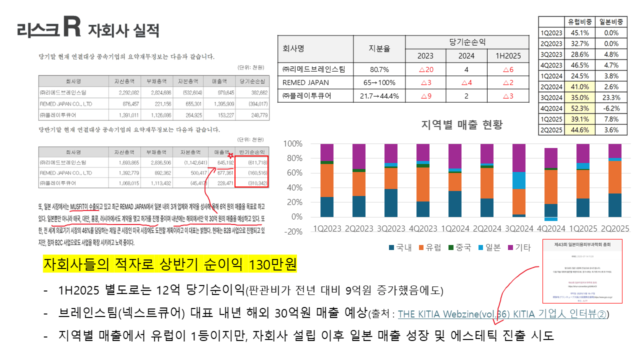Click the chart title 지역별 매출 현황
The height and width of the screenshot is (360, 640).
point(461,125)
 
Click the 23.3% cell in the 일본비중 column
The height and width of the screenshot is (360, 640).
point(611,98)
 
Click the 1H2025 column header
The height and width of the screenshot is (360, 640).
point(508,55)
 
